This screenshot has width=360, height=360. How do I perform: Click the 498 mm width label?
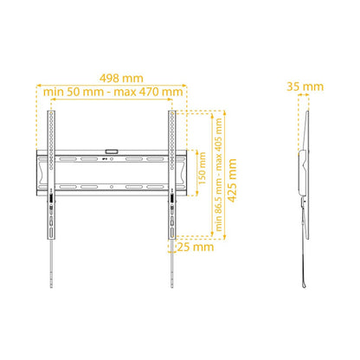click(x=121, y=78)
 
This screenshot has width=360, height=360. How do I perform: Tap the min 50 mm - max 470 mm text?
click(x=112, y=92)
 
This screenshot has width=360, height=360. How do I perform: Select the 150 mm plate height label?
click(x=202, y=169)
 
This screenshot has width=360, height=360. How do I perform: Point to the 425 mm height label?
click(x=232, y=180)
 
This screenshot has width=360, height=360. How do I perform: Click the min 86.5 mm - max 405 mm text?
click(x=219, y=175)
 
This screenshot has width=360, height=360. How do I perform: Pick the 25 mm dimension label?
click(x=196, y=247)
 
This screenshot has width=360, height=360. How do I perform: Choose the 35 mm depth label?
click(x=305, y=87)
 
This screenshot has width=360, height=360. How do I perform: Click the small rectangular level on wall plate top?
click(x=112, y=151)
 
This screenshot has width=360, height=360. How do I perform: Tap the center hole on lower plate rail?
click(x=112, y=187)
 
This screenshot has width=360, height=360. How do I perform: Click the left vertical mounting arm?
click(x=51, y=175)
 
